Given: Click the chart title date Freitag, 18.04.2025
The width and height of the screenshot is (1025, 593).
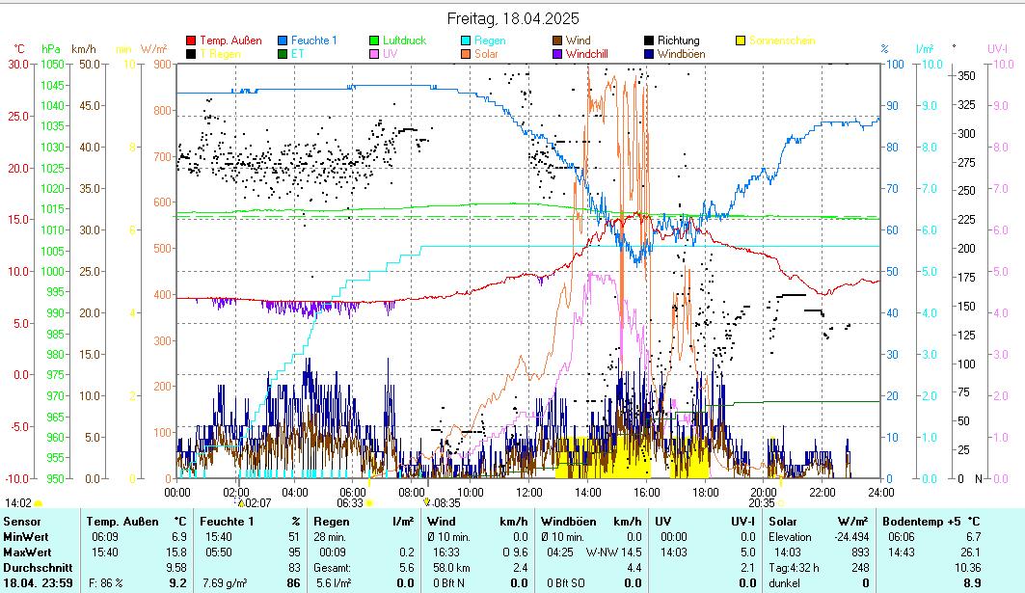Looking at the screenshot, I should pos(512,19).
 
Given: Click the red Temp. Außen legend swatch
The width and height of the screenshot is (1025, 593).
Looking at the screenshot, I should pos(191,40).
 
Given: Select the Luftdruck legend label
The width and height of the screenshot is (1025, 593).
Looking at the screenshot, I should pos(404,40).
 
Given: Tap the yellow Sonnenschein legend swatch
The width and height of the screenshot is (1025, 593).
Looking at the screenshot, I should pos(741,40).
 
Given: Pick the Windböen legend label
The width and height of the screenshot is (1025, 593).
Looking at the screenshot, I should pos(681,54).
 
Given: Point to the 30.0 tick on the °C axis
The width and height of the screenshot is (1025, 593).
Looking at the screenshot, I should pos(18,65).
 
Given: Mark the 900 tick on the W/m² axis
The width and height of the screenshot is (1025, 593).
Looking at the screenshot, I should pos(161,65).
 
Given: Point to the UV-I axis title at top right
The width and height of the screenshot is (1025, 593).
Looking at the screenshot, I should pos(996,48).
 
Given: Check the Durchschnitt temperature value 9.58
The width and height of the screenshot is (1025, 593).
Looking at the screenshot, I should pos(175,567).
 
